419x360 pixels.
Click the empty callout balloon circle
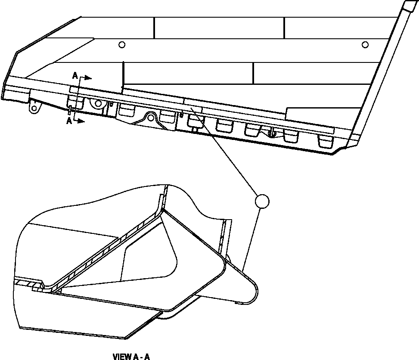[x=262, y=201]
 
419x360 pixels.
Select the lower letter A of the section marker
[x=69, y=121]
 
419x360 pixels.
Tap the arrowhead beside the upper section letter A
[x=87, y=78]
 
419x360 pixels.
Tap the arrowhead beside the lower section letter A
[x=81, y=121]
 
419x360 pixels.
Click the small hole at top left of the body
[x=122, y=44]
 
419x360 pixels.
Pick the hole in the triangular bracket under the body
[x=151, y=117]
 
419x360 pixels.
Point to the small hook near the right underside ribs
[x=271, y=133]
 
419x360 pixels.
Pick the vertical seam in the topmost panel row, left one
[x=154, y=28]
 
